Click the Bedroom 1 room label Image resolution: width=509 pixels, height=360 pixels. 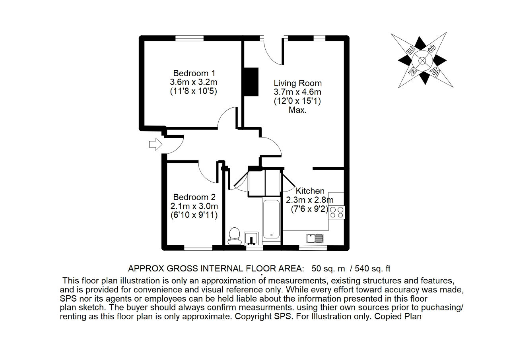[194, 74]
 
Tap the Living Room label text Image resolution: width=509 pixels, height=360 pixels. [298, 83]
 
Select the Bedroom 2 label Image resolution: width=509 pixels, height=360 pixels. [194, 197]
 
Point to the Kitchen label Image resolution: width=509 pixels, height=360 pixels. [310, 191]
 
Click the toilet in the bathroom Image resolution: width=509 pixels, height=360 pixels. [235, 236]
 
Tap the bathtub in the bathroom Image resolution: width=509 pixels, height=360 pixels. [271, 219]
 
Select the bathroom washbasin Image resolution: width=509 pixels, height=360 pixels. [251, 238]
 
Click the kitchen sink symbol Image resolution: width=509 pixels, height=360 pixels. [315, 238]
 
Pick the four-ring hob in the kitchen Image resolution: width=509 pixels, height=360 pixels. [336, 213]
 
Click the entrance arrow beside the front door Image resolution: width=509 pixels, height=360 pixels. [155, 144]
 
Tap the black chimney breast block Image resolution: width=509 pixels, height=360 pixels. [251, 82]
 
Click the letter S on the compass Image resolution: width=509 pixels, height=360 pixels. [432, 49]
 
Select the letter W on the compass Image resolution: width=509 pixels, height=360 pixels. [435, 72]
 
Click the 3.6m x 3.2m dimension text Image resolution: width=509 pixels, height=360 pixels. [194, 82]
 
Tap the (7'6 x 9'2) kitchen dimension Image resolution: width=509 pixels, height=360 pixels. [310, 209]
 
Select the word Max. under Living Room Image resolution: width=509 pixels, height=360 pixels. [298, 110]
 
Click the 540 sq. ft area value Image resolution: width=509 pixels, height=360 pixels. [373, 269]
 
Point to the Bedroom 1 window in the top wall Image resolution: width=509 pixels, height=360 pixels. [189, 38]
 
